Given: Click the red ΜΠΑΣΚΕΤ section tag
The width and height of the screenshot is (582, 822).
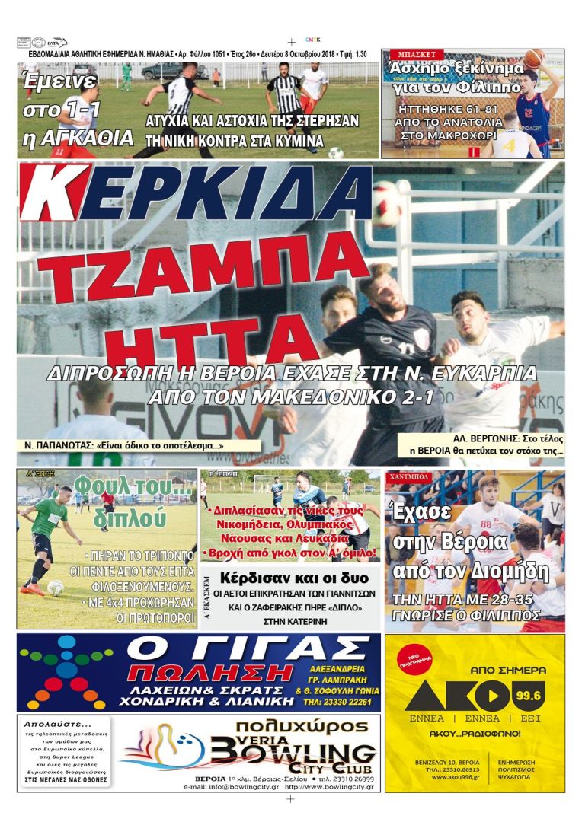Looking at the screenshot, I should click(412, 56).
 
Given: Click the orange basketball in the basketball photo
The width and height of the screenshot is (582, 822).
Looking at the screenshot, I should click(534, 58).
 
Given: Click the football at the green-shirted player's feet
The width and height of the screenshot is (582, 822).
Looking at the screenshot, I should click(56, 587).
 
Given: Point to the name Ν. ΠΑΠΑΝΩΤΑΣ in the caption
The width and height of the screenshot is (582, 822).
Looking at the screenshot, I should click(59, 445).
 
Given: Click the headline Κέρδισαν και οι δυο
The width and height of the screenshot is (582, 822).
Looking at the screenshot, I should click(289, 577).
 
